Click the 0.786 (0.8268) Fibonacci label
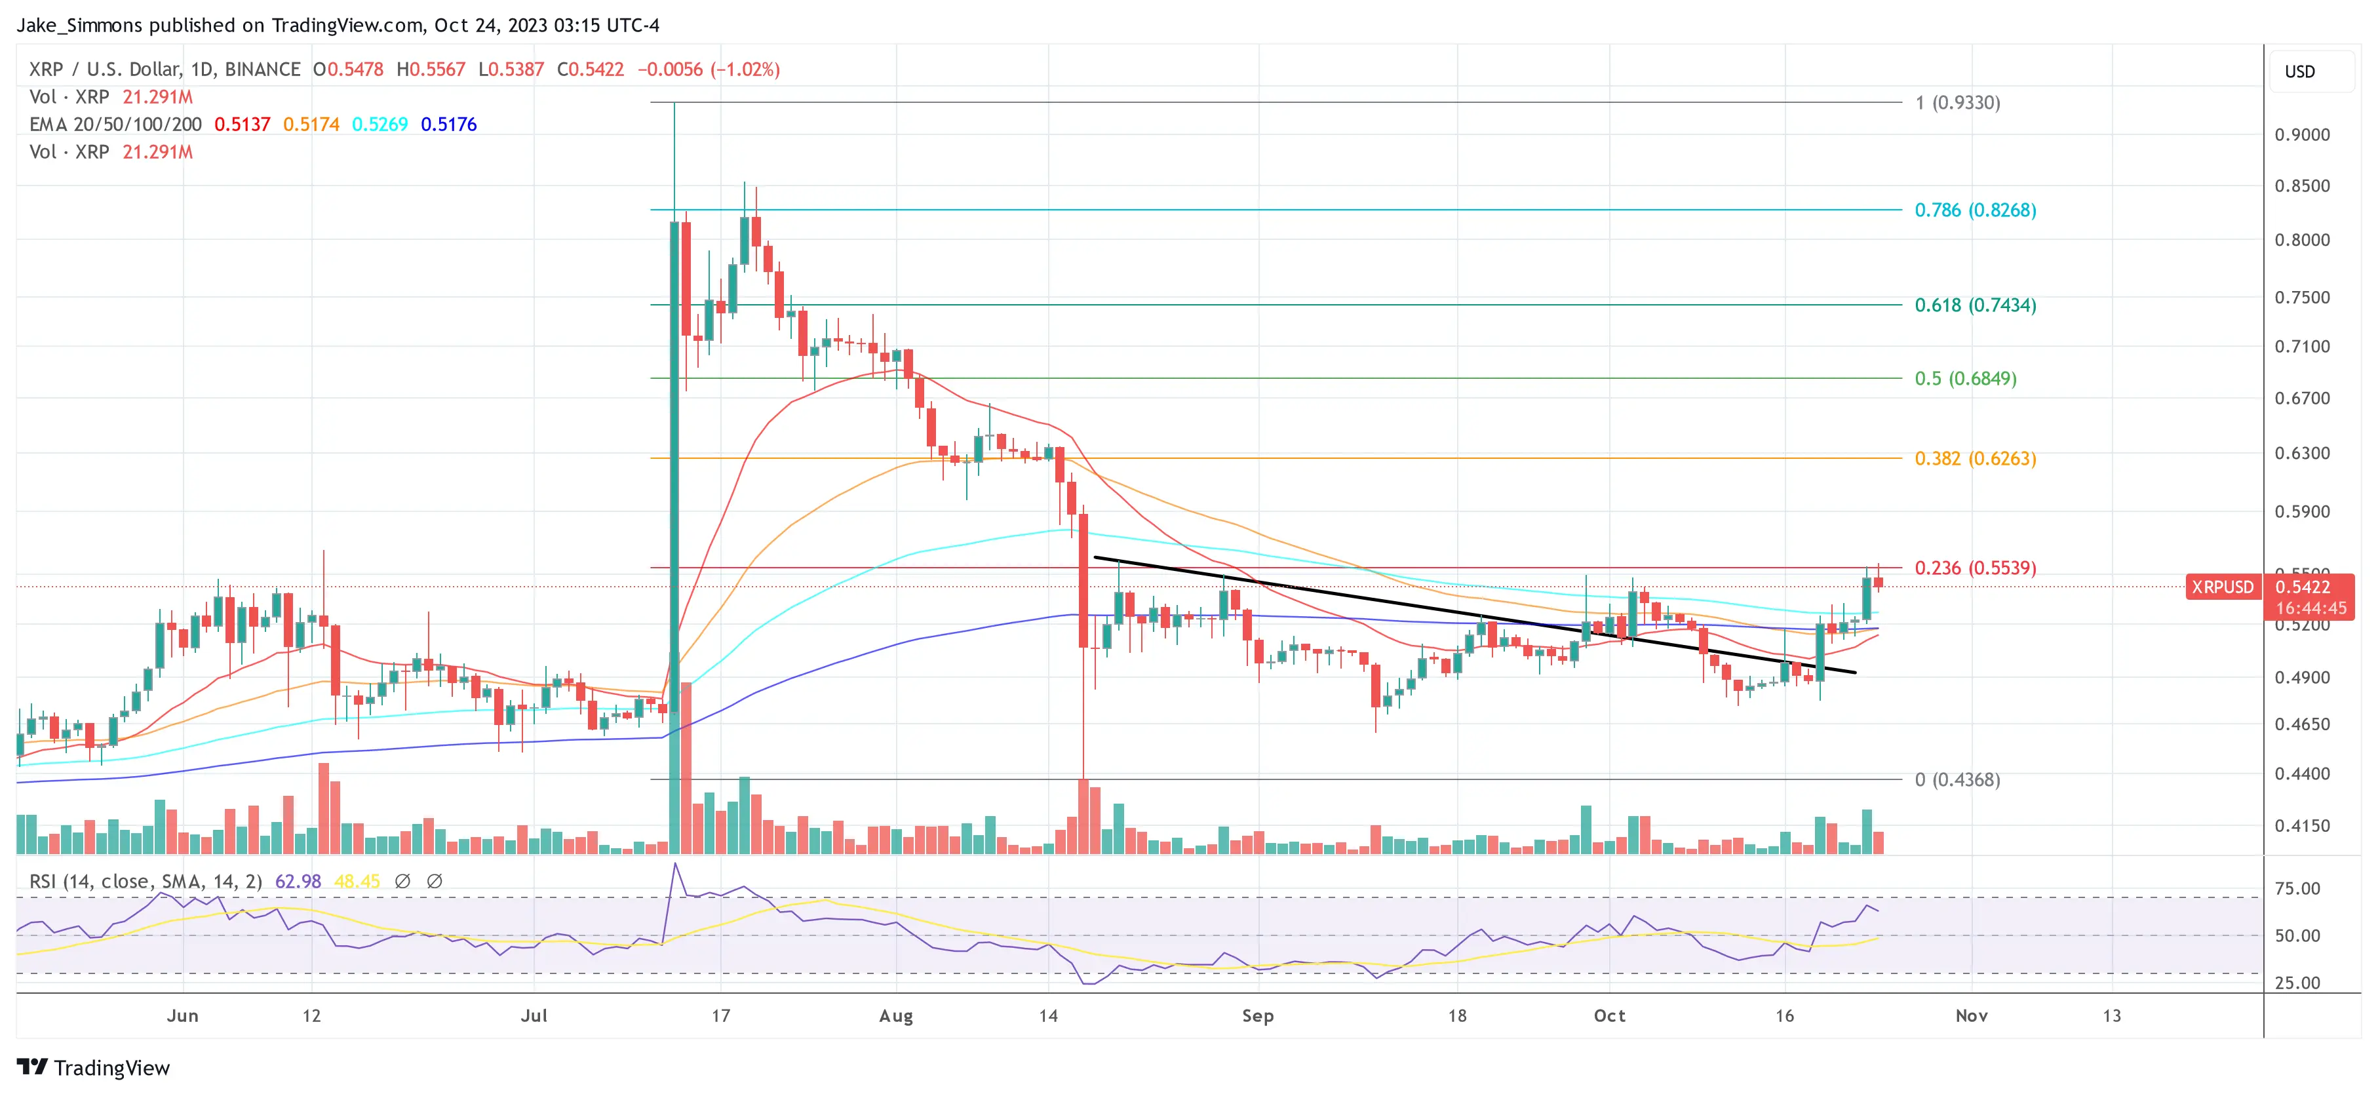coord(1975,210)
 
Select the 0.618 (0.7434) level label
coord(1975,305)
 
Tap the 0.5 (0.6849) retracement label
coord(1964,379)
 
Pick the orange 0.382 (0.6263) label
coord(1975,459)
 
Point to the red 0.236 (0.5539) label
coord(1975,568)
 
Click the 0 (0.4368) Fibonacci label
coord(1957,780)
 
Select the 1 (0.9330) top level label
coord(1957,102)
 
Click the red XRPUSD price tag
coord(2222,587)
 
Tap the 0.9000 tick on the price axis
coord(2301,135)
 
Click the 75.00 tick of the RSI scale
coord(2297,889)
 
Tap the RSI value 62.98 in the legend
coord(298,882)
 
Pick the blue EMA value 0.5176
coord(448,125)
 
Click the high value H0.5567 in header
coord(431,69)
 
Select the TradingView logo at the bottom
coord(93,1068)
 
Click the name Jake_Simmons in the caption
coord(79,25)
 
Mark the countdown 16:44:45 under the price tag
coord(2310,608)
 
